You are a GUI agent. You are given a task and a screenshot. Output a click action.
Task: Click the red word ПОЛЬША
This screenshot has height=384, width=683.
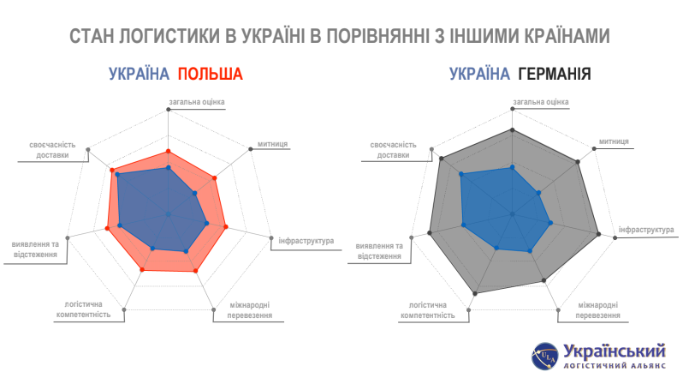coord(210,75)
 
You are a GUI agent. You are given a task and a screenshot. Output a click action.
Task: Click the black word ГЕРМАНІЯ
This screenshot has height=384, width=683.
coord(555,75)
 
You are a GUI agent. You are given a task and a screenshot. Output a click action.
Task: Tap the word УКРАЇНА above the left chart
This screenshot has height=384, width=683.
coord(139,75)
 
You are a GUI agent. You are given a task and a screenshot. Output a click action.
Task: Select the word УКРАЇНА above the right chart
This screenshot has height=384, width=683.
coord(479,75)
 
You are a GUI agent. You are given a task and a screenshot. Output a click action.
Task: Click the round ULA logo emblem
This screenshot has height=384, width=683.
coord(544,356)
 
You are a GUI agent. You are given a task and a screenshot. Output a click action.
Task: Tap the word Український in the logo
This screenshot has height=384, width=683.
coord(615,351)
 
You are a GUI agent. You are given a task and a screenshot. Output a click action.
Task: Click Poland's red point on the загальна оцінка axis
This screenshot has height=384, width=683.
coord(169,152)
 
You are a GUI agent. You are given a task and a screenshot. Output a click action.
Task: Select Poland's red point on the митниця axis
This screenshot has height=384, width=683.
coord(214,178)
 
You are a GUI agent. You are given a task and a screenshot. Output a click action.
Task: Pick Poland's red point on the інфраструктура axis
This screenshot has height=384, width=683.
coord(226,227)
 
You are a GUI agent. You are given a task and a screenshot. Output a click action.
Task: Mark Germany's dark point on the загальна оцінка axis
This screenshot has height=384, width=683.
coord(512,130)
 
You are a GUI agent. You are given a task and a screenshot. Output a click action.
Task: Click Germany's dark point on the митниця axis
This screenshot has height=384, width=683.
coord(578,162)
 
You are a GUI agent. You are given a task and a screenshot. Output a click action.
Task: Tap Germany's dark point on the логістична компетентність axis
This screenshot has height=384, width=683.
coord(475,294)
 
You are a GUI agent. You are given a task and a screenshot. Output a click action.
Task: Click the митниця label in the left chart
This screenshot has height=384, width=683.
coord(272,144)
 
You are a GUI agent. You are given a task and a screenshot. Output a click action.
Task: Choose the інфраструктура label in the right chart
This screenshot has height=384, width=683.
coord(646,230)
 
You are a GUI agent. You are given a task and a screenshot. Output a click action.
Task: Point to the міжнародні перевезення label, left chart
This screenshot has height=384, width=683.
coord(250,309)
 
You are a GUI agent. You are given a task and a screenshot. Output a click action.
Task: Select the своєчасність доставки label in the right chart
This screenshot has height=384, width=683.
coord(393,150)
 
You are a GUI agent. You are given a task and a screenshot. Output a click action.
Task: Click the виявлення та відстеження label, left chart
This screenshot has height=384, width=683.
coord(35,249)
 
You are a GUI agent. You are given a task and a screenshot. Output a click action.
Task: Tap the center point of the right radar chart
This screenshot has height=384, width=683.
coord(512,214)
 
